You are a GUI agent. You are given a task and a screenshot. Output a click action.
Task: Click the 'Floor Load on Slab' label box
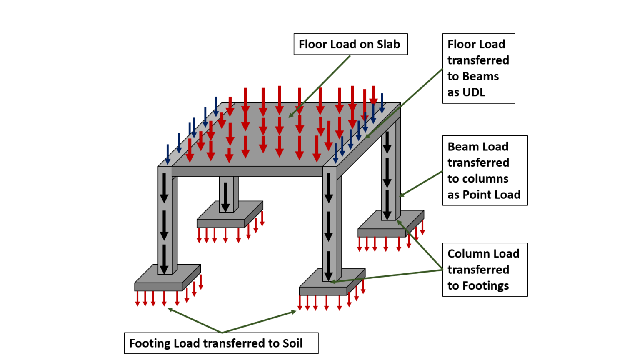tap(350, 44)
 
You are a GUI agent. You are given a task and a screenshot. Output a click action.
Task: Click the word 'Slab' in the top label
tap(388, 44)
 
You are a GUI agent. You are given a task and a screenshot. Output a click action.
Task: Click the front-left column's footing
tap(158, 286)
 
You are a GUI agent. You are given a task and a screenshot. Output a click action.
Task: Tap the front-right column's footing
tap(322, 290)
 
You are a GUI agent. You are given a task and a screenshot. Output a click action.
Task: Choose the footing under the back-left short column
tap(220, 223)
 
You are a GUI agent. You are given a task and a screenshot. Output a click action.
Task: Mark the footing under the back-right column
tap(382, 232)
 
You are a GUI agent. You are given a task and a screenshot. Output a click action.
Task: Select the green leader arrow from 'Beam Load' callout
tap(421, 183)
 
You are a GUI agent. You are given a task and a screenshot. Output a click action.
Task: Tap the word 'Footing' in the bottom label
tap(150, 343)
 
